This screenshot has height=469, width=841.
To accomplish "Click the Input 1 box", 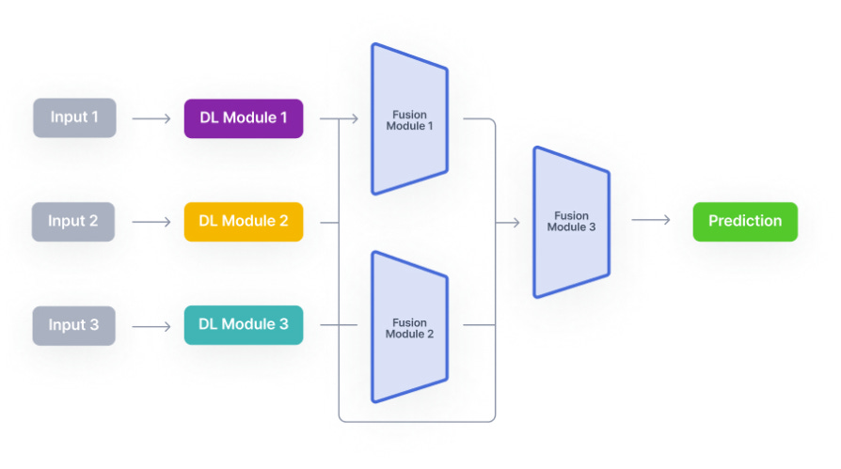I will [74, 118].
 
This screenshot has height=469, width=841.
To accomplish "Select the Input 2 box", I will [74, 222].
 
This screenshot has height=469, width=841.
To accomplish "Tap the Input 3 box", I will [74, 325].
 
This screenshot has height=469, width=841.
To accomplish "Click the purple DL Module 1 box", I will [244, 118].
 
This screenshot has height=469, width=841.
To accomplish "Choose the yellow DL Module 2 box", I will [244, 222].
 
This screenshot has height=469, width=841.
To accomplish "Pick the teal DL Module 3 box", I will [244, 325].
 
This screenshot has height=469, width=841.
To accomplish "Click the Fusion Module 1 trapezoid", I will [410, 119].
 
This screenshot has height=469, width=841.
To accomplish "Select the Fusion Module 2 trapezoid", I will [410, 327].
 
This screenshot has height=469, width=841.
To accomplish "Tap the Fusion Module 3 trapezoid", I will [572, 222].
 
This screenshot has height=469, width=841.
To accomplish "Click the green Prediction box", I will [745, 222].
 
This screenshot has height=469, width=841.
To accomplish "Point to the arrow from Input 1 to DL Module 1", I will [151, 119].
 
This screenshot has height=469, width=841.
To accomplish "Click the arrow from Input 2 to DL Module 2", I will [151, 223].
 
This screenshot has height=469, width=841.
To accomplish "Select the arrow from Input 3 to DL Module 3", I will [151, 326].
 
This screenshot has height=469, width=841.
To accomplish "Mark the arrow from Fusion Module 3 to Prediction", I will [650, 220].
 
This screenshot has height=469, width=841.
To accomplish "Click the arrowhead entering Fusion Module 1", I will [355, 119].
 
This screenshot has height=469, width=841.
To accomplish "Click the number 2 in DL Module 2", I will [283, 222].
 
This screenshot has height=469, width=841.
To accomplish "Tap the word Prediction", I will [745, 222].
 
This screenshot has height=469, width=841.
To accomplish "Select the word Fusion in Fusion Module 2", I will [410, 322].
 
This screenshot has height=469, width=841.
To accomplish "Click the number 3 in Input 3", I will [94, 325].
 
